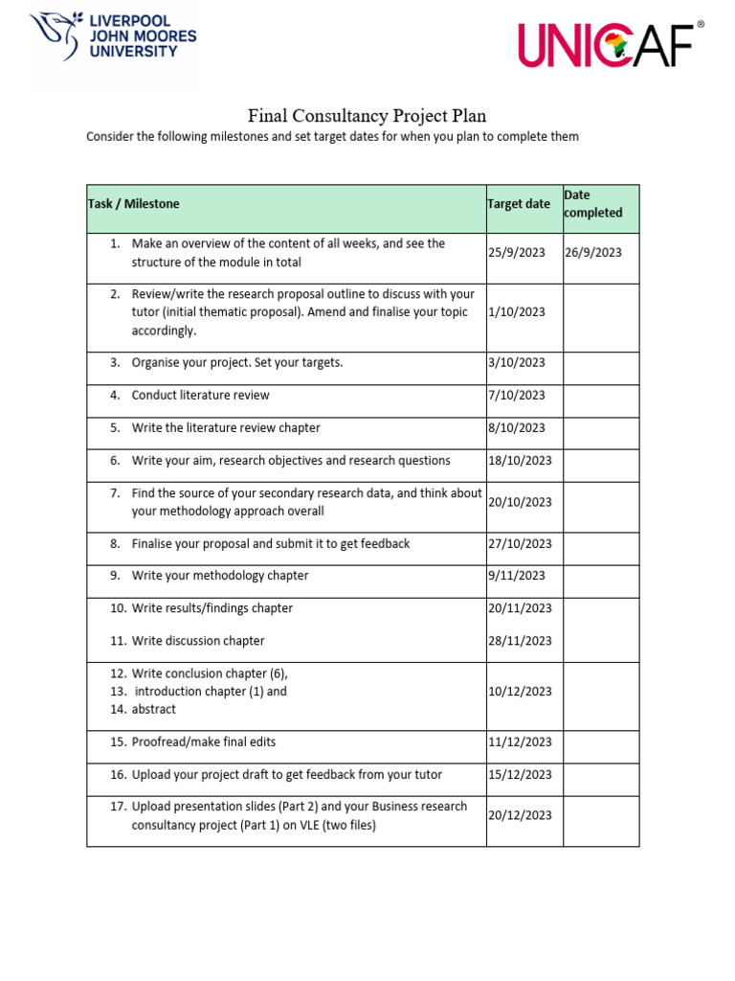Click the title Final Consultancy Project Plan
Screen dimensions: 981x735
click(367, 116)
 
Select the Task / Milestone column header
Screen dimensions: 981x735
click(134, 204)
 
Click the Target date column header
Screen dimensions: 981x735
click(519, 204)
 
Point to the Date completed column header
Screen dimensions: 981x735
click(592, 204)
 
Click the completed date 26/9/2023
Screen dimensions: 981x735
click(592, 253)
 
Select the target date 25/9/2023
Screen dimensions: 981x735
click(517, 253)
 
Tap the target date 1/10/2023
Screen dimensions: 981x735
click(517, 312)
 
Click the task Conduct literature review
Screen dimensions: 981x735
click(200, 396)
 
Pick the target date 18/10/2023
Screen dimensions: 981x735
click(520, 461)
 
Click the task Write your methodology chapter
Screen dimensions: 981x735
click(220, 576)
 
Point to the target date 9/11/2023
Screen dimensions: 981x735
click(517, 576)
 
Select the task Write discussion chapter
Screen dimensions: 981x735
click(198, 641)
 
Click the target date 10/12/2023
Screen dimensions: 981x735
click(520, 692)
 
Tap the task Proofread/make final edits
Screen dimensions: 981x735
click(203, 742)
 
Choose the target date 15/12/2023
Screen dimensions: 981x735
click(520, 775)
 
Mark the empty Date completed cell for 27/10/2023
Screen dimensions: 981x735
click(600, 544)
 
